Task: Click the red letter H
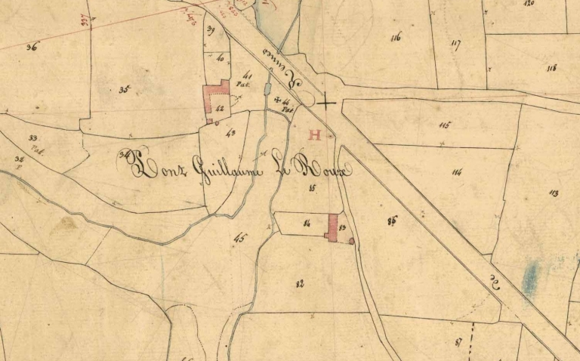click(x=315, y=136)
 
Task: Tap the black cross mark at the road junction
click(x=326, y=102)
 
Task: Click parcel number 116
click(x=396, y=37)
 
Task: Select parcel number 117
click(x=455, y=43)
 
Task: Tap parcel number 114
click(x=456, y=172)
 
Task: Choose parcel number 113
click(x=554, y=193)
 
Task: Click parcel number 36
click(x=32, y=47)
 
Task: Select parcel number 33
click(x=32, y=137)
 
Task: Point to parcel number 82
click(x=300, y=283)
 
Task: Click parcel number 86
click(x=391, y=221)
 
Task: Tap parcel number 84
click(x=307, y=223)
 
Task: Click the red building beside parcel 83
click(x=332, y=227)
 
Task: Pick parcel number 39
click(x=211, y=30)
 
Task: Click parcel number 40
click(x=220, y=58)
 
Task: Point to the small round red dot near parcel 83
click(x=351, y=241)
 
